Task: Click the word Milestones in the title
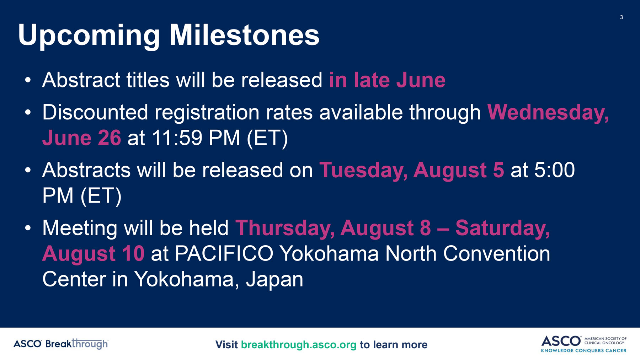[244, 35]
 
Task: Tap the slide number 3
[622, 17]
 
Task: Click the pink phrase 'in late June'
[387, 80]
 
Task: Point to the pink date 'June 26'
[81, 138]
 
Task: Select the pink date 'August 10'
[93, 254]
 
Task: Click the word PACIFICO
[224, 254]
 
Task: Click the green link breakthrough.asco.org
[299, 345]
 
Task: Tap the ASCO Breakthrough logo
[61, 344]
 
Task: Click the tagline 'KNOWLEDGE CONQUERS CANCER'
[583, 351]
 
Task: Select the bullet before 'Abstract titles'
[28, 80]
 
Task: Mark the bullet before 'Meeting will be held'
[28, 229]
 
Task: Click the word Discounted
[95, 113]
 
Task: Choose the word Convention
[496, 254]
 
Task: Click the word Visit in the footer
[226, 345]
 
